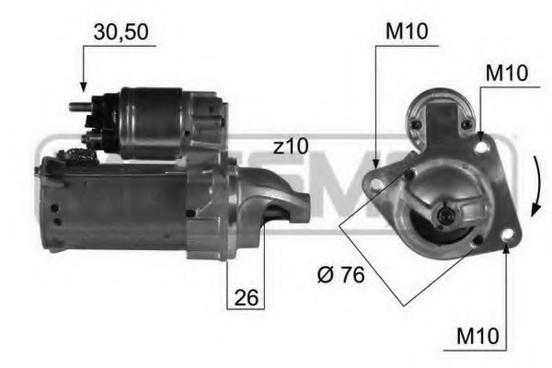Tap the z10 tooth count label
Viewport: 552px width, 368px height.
(291, 145)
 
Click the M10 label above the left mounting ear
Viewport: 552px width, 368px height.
(406, 31)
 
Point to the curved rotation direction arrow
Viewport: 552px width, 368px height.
(534, 184)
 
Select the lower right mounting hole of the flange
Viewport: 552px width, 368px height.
(506, 241)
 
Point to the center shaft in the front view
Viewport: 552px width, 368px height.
(445, 214)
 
